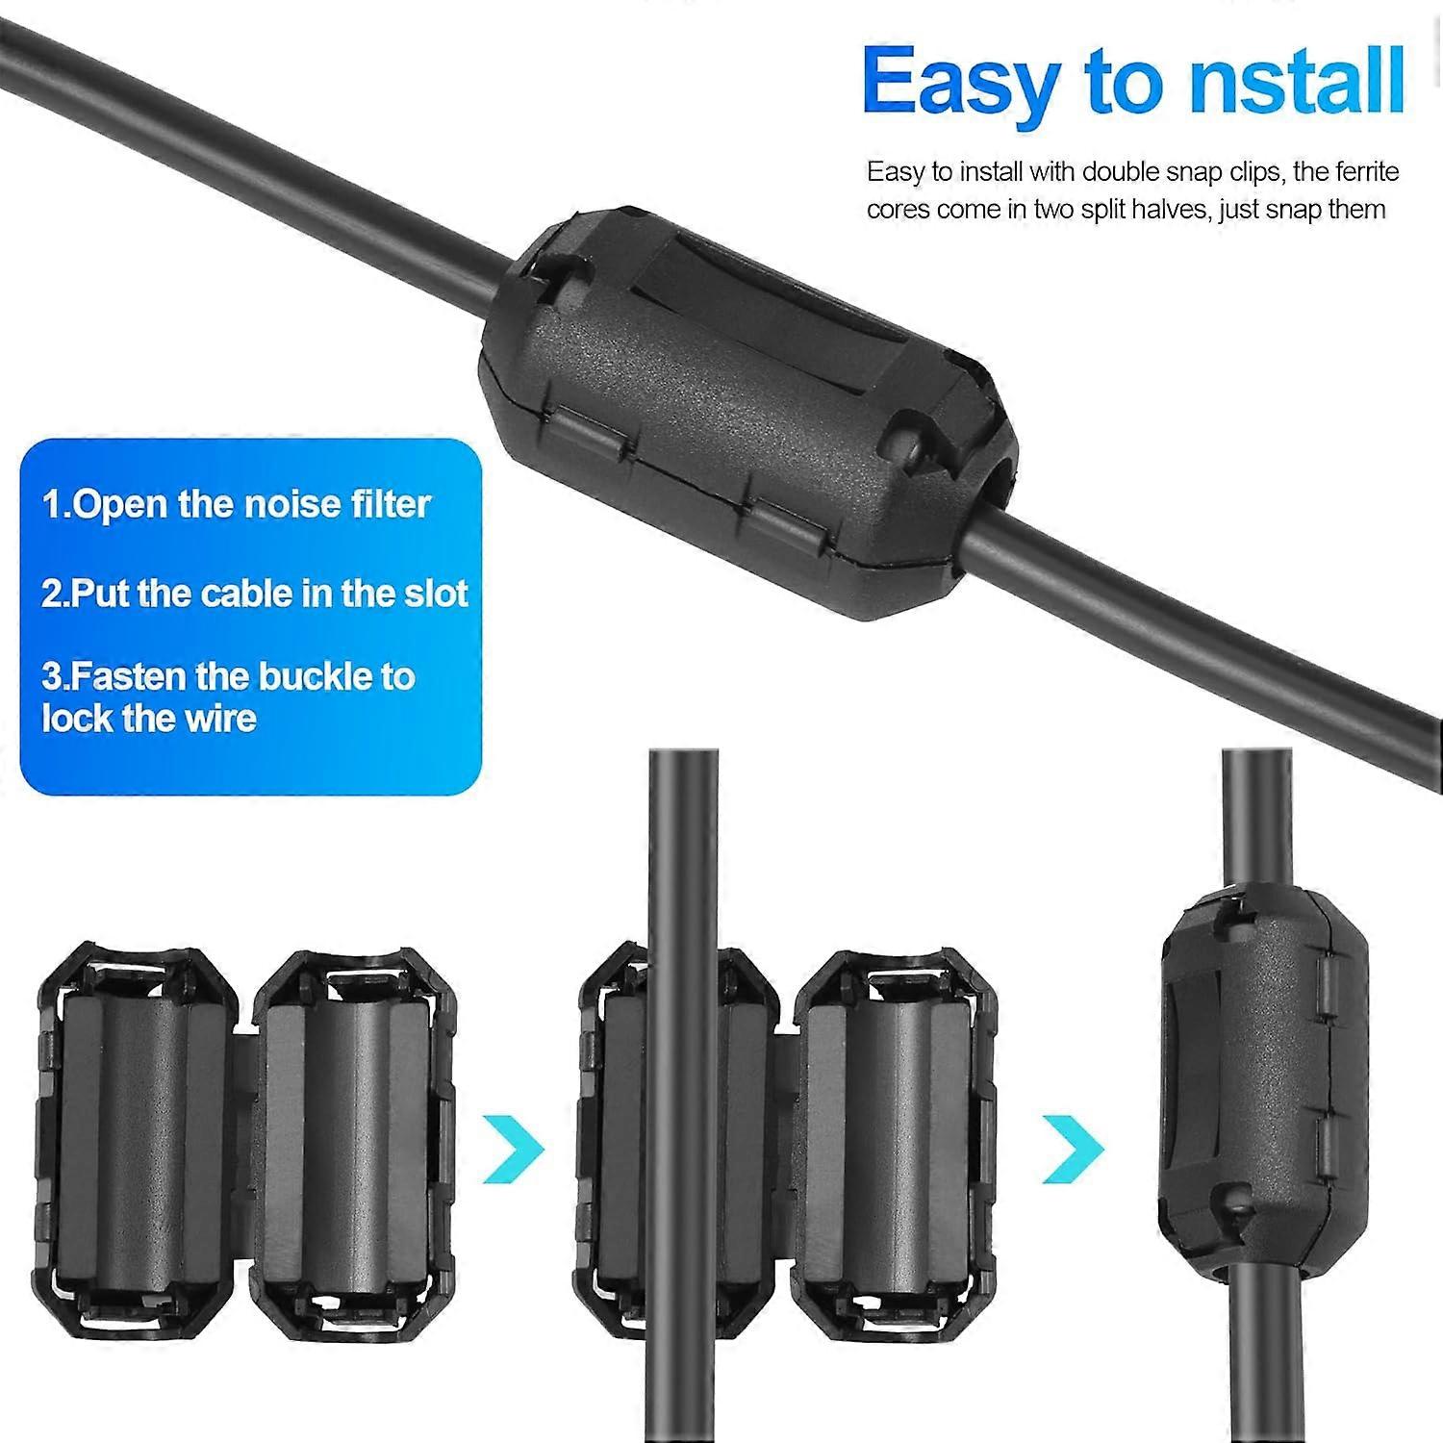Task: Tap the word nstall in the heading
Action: (1297, 84)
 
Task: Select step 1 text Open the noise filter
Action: (236, 504)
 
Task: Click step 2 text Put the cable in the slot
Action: (254, 594)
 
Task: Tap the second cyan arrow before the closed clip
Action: (1074, 1148)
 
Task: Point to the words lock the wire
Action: (149, 719)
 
